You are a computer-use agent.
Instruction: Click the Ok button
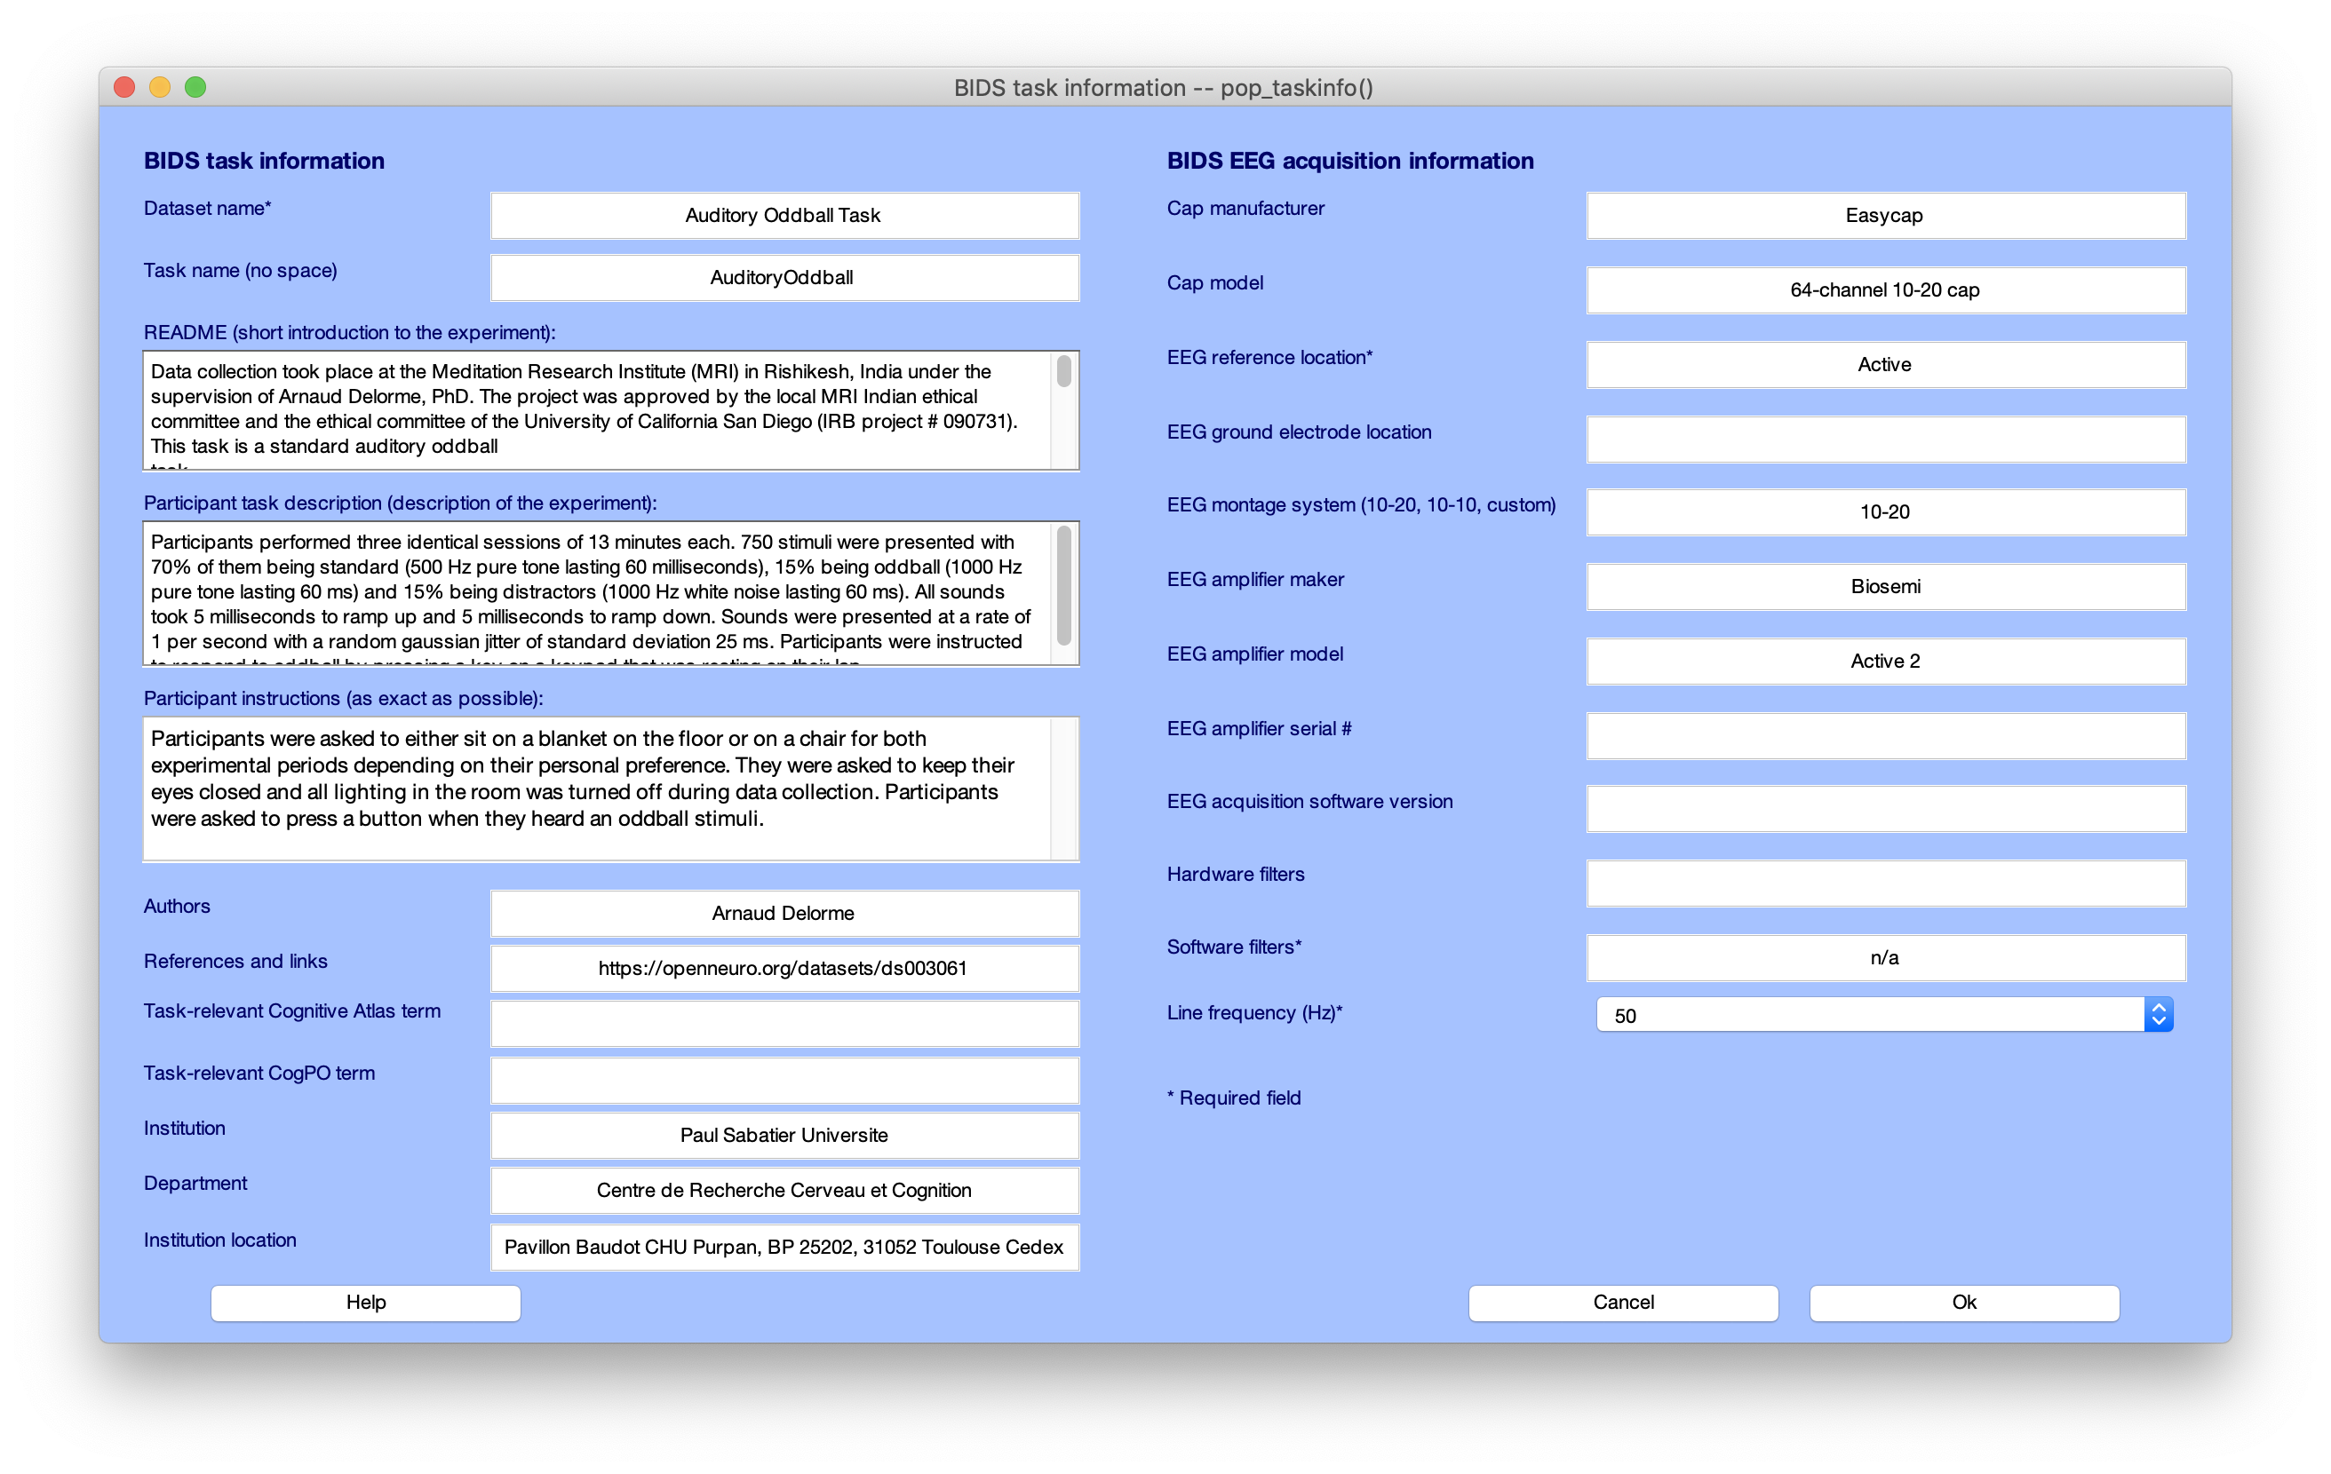click(x=1963, y=1302)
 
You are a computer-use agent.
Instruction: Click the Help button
click(x=366, y=1302)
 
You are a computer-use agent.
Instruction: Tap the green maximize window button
click(x=195, y=87)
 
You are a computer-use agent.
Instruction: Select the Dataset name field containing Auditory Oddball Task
click(x=784, y=215)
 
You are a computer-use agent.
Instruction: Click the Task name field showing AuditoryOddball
click(x=784, y=278)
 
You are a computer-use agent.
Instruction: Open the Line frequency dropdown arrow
click(x=2158, y=1014)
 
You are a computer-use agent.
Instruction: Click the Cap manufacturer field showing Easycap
click(x=1885, y=215)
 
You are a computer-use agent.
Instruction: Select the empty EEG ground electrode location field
click(x=1885, y=440)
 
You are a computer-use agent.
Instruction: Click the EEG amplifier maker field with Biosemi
click(x=1885, y=587)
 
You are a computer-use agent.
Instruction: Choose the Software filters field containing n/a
click(x=1885, y=957)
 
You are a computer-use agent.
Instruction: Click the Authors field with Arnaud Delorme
click(x=784, y=913)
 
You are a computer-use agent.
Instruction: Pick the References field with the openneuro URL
click(x=784, y=968)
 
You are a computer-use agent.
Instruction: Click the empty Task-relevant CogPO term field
click(x=784, y=1080)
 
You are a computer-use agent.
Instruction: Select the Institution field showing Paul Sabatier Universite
click(x=784, y=1136)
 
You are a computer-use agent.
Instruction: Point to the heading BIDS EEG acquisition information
click(x=1349, y=161)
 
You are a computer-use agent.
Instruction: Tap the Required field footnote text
click(x=1234, y=1098)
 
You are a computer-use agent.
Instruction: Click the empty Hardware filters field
click(x=1885, y=883)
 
